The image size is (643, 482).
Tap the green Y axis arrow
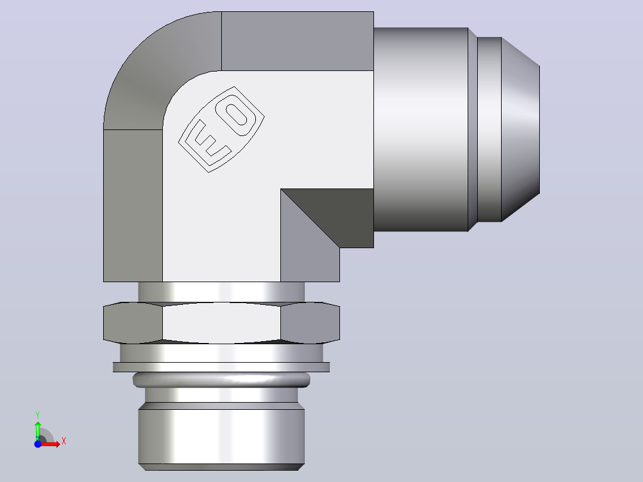[38, 430]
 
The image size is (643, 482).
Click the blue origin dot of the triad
[38, 444]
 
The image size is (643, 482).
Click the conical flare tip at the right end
[520, 129]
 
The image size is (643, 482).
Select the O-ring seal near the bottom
[221, 379]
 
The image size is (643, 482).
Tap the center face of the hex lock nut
[221, 323]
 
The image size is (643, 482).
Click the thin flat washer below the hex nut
[221, 367]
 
